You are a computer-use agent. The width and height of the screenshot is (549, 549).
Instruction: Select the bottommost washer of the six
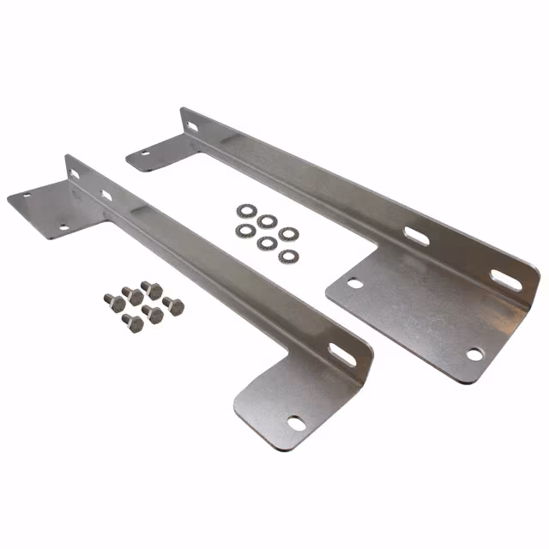286,256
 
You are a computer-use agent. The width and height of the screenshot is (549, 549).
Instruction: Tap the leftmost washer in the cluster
245,229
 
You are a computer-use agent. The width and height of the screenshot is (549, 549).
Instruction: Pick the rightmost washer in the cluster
289,233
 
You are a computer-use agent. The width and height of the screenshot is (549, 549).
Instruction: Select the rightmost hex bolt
174,305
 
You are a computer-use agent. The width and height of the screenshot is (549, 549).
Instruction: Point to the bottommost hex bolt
133,323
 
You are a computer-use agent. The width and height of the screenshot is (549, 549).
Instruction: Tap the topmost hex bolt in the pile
152,288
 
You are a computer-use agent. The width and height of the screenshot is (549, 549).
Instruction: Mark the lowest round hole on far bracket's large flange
473,353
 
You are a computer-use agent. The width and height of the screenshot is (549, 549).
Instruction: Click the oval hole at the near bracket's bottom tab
296,422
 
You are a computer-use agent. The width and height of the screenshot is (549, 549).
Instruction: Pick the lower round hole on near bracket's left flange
63,227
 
